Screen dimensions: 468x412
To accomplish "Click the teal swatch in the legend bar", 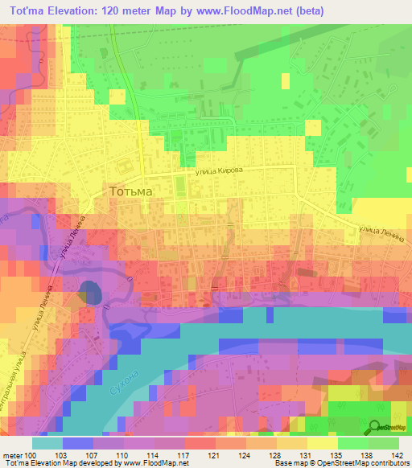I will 47,442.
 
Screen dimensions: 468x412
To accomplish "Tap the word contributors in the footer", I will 389,463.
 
